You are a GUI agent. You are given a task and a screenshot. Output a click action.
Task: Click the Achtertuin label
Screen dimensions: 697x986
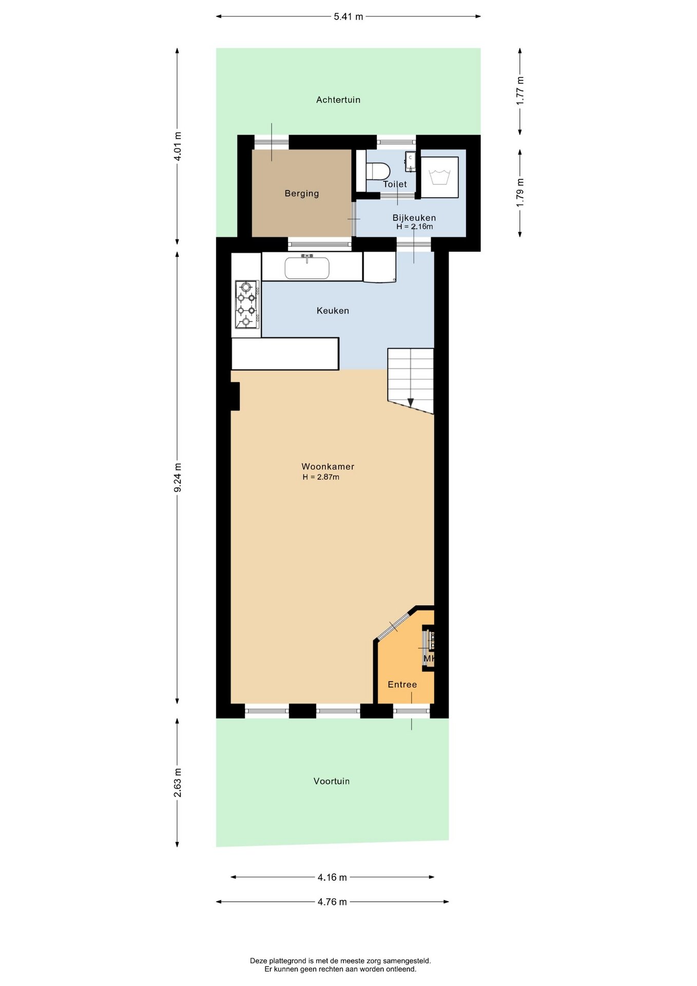338,100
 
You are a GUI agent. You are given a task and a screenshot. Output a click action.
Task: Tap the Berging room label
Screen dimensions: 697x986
302,193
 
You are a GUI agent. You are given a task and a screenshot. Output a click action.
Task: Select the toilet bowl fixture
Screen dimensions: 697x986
378,170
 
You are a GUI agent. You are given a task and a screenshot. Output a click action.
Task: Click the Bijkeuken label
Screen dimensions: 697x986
414,218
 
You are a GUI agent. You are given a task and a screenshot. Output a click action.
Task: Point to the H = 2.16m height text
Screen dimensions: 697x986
415,226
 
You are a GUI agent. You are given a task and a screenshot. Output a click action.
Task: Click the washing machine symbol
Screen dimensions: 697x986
440,177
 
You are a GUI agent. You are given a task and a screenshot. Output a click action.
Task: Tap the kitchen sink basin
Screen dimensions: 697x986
307,268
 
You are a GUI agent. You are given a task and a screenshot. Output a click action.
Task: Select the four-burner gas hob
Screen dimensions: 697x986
246,304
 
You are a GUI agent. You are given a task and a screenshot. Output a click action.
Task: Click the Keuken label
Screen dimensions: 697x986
333,311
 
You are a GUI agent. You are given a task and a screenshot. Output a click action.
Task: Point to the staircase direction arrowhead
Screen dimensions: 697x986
410,403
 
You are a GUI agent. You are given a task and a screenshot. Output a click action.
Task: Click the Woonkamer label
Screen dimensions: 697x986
328,466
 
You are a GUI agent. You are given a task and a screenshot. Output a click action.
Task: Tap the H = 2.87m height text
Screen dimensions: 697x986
321,477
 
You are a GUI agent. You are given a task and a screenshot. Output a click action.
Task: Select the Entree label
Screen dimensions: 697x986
402,684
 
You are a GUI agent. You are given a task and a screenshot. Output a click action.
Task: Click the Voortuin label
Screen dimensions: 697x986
332,781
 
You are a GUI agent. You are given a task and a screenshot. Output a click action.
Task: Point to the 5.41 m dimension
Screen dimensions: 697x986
348,16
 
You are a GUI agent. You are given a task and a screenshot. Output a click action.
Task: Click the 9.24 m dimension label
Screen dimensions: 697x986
178,478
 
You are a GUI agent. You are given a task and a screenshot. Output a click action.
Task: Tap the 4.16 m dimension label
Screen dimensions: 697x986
332,877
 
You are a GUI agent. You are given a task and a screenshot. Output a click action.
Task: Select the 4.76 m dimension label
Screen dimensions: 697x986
332,902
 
